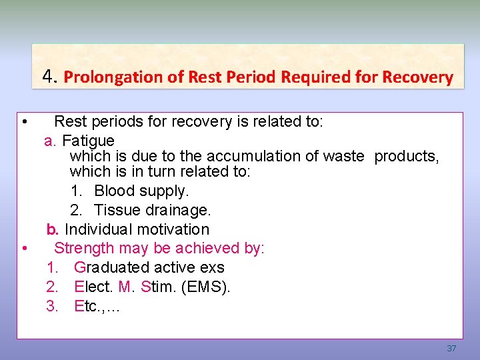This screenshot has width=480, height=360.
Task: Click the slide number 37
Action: coord(451,349)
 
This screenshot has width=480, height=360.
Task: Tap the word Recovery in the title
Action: coord(418,77)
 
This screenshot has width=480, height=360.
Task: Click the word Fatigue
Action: coord(88,141)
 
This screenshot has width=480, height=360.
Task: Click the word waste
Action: coord(343,156)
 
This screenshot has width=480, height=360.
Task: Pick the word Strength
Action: coord(84,248)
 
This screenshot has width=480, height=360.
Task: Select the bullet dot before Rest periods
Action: coord(23,123)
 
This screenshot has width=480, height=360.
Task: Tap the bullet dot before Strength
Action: coord(23,249)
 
